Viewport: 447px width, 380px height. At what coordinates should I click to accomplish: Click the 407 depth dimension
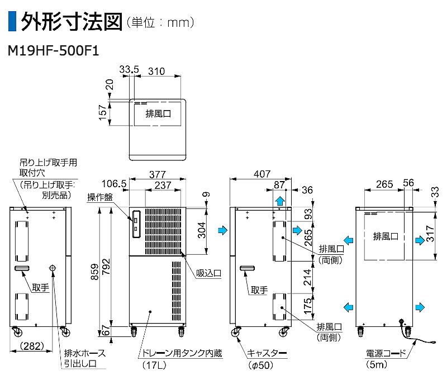[261, 174]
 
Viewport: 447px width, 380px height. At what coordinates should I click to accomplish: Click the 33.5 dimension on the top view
[129, 70]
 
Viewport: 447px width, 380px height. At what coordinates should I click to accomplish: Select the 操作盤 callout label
[100, 197]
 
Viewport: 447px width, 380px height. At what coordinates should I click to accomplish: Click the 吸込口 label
[209, 273]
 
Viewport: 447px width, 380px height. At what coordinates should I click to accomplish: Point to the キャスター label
[267, 353]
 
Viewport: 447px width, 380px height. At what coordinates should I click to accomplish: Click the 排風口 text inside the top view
[158, 113]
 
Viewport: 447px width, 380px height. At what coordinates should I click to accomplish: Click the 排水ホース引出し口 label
[84, 359]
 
